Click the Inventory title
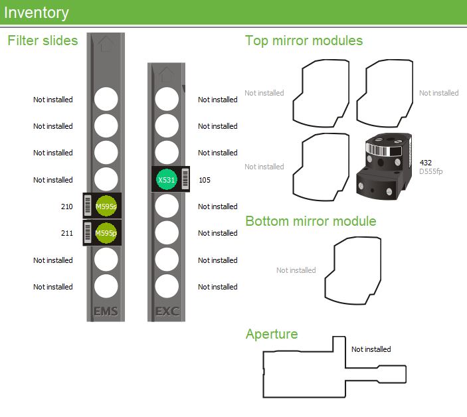point(37,13)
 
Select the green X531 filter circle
point(166,180)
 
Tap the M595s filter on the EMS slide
point(106,207)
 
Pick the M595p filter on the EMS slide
point(106,233)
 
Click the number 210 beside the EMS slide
point(66,207)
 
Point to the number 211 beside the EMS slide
point(66,233)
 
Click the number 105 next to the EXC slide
point(205,180)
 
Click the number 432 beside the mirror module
point(426,162)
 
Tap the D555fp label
point(432,171)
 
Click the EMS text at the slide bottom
point(106,311)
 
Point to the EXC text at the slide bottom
point(166,311)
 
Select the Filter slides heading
point(43,41)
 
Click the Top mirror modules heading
point(304,41)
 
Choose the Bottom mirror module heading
point(311,221)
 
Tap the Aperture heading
point(272,333)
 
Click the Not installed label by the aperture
point(371,349)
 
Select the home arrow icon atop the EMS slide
point(106,44)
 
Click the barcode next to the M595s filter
point(88,207)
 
